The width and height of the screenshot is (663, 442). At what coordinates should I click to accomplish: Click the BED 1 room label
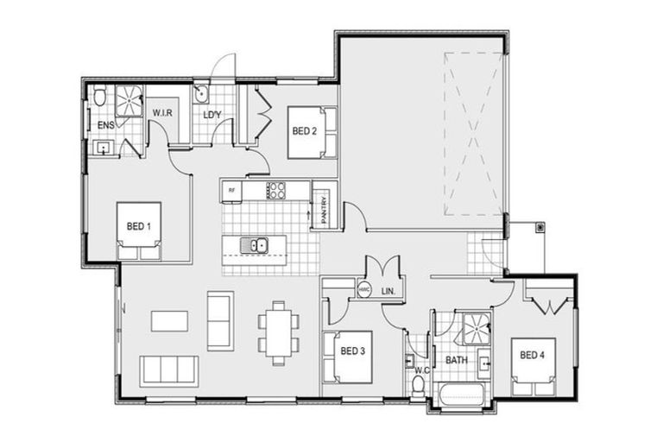(x=139, y=226)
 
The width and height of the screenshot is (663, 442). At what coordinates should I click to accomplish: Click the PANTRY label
(x=322, y=210)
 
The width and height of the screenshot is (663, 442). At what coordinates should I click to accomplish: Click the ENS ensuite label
(x=105, y=127)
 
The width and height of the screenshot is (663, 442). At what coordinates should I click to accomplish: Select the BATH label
(x=457, y=359)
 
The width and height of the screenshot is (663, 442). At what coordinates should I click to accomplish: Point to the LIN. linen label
(x=387, y=292)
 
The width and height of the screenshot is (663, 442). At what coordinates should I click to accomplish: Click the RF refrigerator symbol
(x=231, y=190)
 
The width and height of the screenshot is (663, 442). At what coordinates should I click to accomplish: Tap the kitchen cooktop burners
(x=277, y=190)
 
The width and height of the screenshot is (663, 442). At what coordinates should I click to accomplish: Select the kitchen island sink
(x=257, y=245)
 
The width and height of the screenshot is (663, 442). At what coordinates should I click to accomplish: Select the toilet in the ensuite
(x=100, y=97)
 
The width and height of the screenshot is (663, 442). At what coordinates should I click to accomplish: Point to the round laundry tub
(x=200, y=93)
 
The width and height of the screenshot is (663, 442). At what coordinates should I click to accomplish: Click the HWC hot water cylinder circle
(x=363, y=291)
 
